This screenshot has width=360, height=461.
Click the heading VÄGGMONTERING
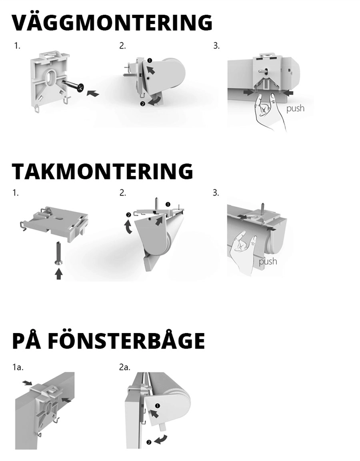(x=112, y=23)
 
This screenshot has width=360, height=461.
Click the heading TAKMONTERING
(x=102, y=172)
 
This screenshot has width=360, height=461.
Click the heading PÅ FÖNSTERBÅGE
(x=108, y=341)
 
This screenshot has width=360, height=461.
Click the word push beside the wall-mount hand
(x=295, y=108)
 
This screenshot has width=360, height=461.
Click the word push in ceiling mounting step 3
(x=268, y=261)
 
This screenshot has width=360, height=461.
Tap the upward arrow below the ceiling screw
(x=59, y=273)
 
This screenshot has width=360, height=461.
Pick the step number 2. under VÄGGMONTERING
(x=122, y=46)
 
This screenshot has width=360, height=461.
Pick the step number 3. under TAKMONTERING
(x=216, y=193)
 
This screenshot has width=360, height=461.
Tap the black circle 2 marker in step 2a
(x=149, y=442)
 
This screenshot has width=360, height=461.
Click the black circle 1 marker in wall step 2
(x=150, y=61)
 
